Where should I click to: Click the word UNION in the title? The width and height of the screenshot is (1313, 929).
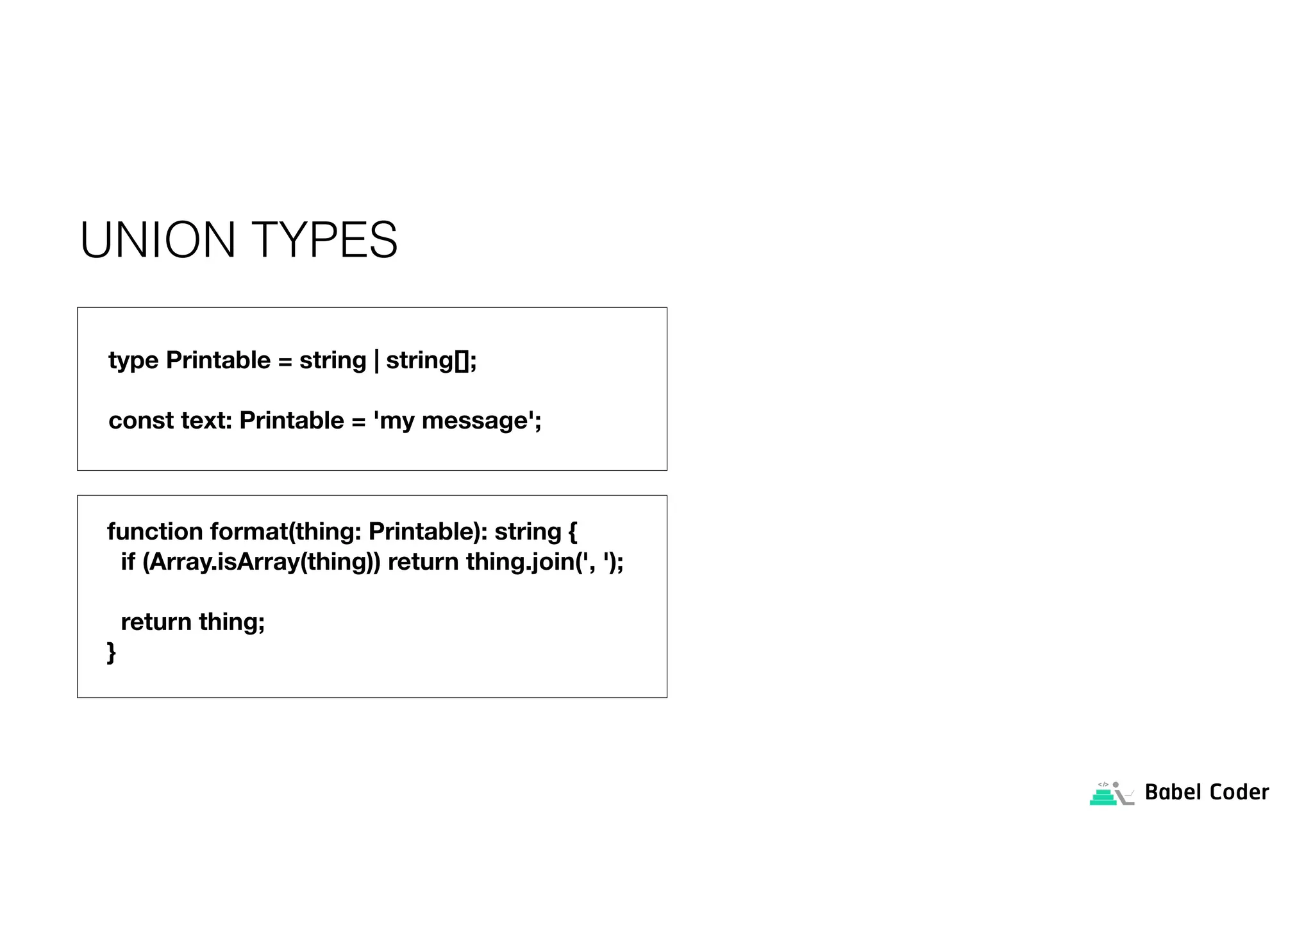click(158, 240)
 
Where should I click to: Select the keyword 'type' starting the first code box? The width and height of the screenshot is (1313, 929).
click(133, 361)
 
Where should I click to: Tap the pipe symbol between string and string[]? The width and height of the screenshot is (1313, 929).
click(376, 361)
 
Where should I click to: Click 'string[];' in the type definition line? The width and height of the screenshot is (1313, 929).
click(431, 361)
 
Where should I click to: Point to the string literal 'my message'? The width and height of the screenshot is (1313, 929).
click(457, 421)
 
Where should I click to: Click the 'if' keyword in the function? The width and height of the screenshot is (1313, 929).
click(128, 562)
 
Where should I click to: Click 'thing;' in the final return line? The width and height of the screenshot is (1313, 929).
click(231, 622)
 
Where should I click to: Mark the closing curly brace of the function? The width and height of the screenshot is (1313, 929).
click(112, 652)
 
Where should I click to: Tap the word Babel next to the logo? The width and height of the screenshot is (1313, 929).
click(1173, 792)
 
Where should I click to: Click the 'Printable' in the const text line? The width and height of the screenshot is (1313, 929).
click(292, 421)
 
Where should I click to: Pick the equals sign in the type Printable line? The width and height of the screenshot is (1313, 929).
click(285, 361)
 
